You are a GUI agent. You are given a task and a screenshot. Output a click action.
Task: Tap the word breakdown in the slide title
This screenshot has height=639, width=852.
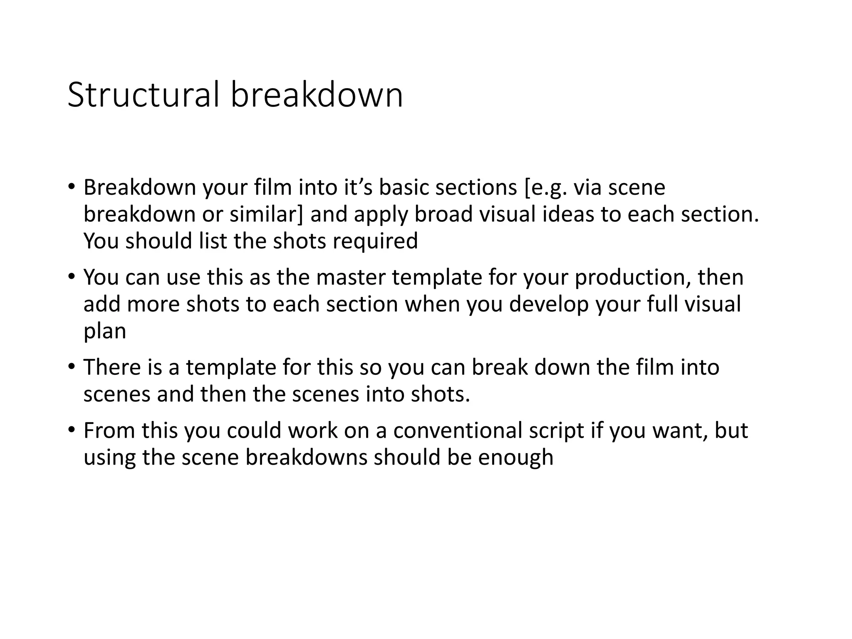click(x=317, y=95)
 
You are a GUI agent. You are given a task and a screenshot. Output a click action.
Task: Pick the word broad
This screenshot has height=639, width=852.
click(x=443, y=215)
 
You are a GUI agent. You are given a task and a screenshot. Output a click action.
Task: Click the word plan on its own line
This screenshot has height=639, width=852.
click(x=105, y=332)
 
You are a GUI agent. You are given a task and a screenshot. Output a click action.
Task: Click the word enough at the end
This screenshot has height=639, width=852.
click(x=515, y=458)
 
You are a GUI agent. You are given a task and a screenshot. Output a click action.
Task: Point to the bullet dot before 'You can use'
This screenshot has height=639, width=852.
click(x=72, y=277)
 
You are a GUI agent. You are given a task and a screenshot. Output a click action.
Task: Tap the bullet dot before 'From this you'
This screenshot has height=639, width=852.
click(x=72, y=430)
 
